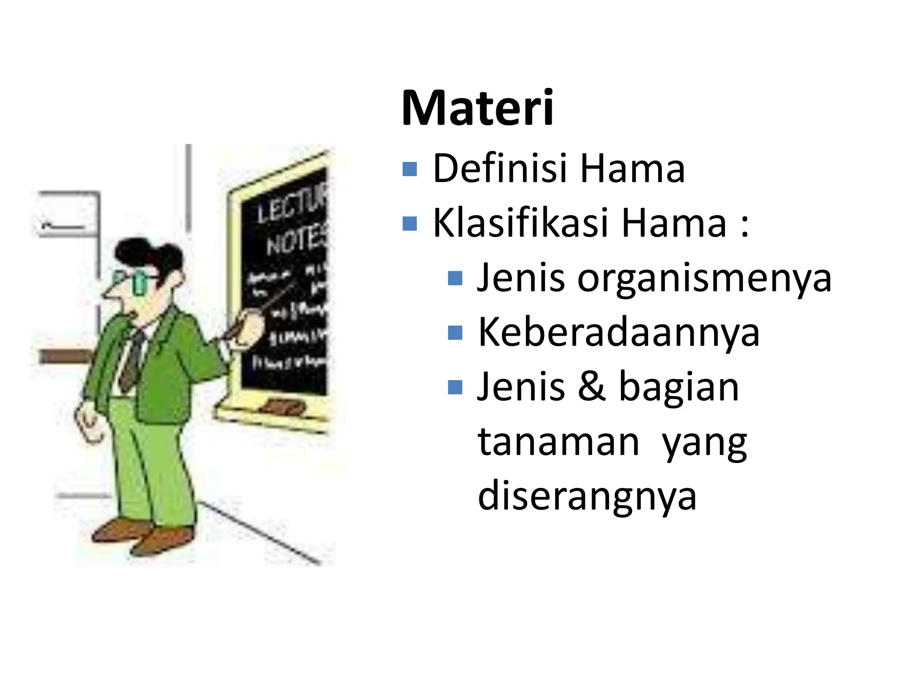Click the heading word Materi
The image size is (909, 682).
pyautogui.click(x=477, y=108)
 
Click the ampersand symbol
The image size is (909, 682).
pyautogui.click(x=592, y=387)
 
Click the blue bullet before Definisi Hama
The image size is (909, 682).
pyautogui.click(x=410, y=169)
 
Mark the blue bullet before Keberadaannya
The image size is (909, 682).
pyautogui.click(x=455, y=333)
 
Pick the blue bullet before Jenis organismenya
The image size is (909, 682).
pyautogui.click(x=455, y=278)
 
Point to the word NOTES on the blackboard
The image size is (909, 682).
pyautogui.click(x=296, y=242)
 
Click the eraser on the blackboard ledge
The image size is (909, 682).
pyautogui.click(x=285, y=406)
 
